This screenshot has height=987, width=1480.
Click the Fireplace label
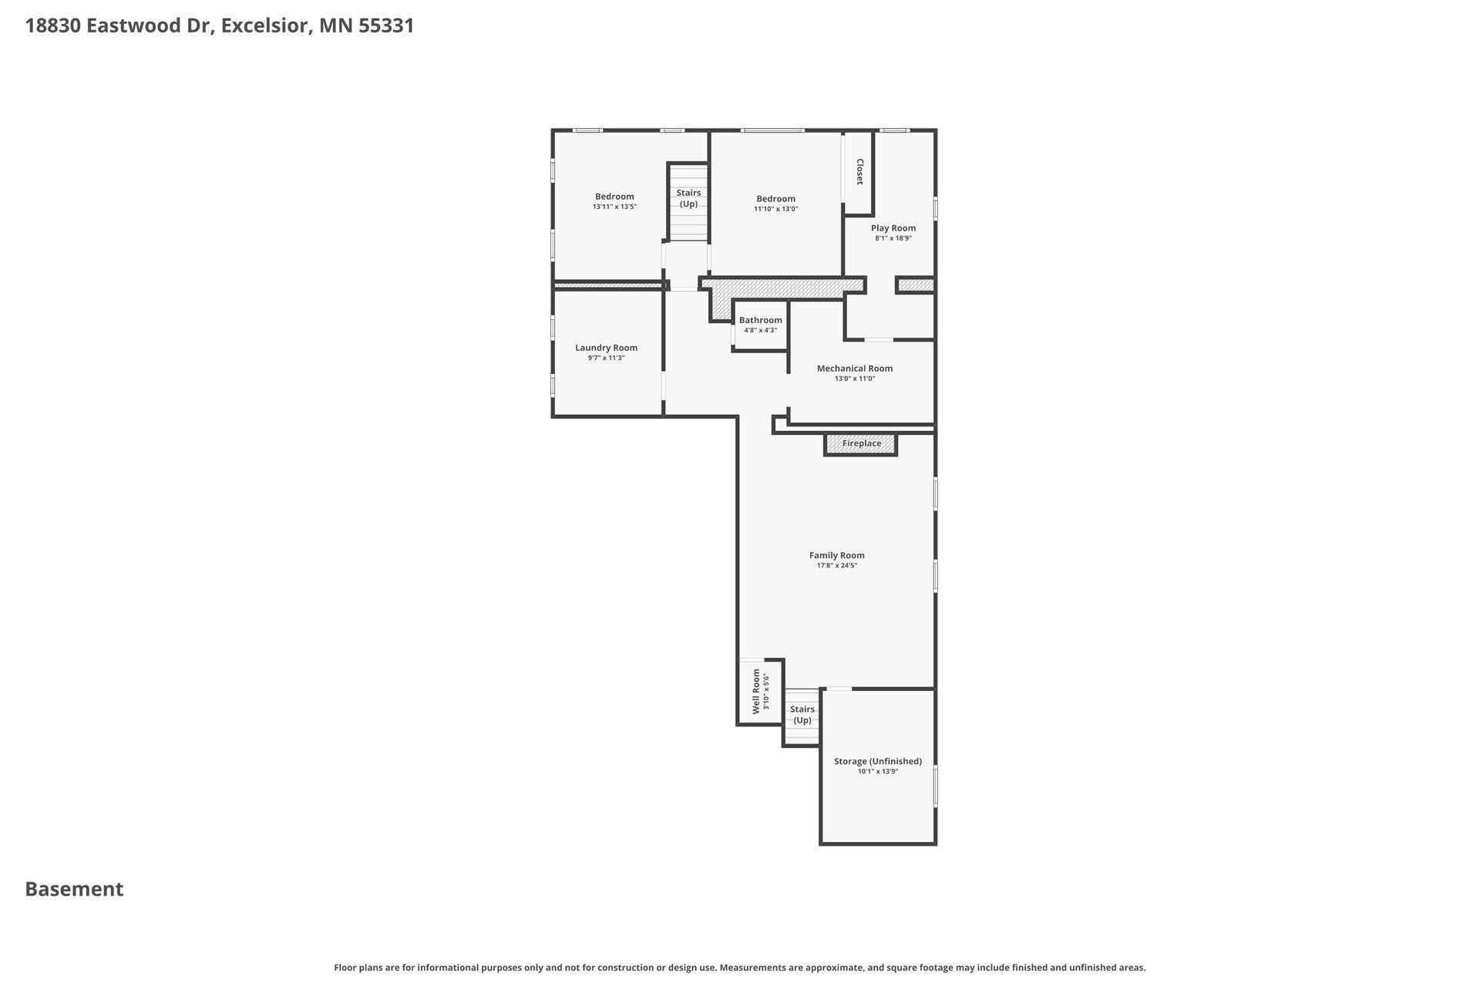[861, 443]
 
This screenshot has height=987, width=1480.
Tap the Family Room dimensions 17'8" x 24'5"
[837, 565]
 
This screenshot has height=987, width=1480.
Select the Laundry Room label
[606, 348]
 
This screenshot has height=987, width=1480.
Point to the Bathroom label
[760, 320]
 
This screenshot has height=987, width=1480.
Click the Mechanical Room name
[855, 369]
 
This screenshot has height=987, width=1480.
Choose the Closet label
[859, 171]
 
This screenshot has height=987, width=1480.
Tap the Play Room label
[893, 228]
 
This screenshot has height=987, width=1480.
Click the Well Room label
[756, 692]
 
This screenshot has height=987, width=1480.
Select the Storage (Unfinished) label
[878, 761]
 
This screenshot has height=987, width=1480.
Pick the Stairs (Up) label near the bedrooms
[688, 198]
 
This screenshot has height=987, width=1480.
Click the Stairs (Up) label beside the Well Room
[802, 715]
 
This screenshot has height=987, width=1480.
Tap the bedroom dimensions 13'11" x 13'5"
[614, 207]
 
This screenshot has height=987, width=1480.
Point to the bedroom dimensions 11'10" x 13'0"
[775, 209]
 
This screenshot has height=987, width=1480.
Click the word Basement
[74, 889]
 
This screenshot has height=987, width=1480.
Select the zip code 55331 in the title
[386, 25]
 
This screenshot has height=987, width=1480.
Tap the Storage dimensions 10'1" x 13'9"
[878, 771]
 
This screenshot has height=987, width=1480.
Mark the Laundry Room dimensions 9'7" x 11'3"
[606, 358]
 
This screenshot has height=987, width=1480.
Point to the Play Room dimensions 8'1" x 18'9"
[893, 238]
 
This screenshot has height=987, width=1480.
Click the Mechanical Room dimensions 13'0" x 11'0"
[855, 379]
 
